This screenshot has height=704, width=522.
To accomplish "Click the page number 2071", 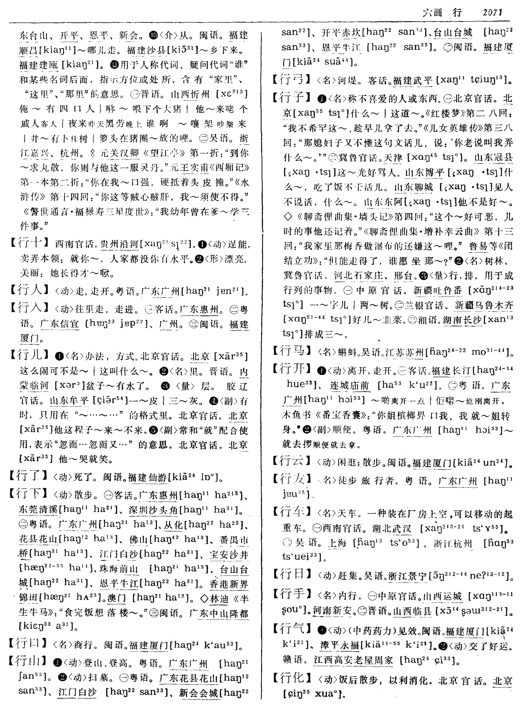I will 492,13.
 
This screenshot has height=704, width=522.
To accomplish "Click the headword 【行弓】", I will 291,80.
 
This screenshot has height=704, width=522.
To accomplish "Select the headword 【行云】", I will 291,462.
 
